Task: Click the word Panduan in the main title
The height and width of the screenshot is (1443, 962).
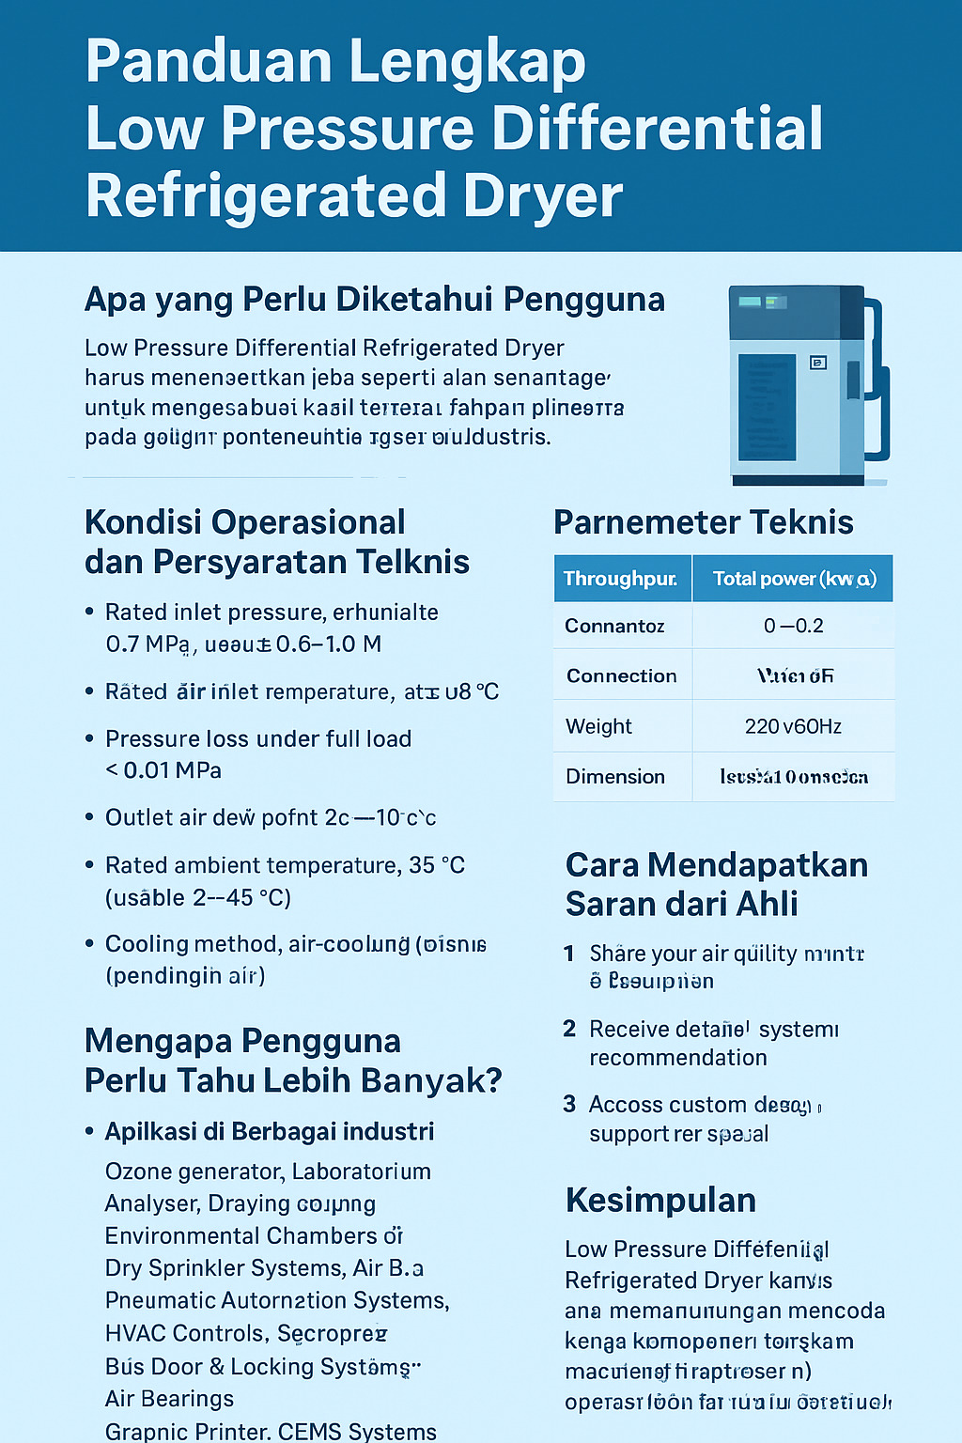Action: (x=208, y=62)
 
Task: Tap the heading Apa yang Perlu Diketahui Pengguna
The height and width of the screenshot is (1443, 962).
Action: (x=374, y=300)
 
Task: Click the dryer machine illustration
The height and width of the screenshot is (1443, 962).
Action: (x=806, y=385)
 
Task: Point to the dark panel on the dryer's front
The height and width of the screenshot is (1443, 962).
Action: (x=767, y=407)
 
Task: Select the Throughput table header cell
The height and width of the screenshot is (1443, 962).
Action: (x=621, y=579)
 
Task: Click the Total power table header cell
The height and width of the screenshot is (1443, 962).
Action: (x=794, y=579)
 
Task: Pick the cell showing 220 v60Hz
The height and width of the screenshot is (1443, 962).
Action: (x=793, y=726)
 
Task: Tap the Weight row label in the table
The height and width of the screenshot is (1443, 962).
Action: (x=598, y=726)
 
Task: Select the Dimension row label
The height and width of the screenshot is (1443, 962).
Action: (x=614, y=777)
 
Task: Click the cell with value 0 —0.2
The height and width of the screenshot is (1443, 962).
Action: (x=793, y=626)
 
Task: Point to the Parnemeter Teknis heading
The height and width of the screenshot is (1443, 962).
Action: (x=703, y=522)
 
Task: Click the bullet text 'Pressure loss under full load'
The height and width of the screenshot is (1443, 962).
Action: (x=258, y=738)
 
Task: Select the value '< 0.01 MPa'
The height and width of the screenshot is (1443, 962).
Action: (x=163, y=770)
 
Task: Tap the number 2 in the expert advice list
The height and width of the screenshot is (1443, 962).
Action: (x=569, y=1029)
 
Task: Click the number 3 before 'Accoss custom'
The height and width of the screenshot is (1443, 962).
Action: (x=569, y=1104)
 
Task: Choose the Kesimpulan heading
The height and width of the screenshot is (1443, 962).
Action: (x=660, y=1201)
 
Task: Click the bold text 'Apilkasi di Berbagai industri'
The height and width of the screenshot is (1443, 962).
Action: (x=270, y=1131)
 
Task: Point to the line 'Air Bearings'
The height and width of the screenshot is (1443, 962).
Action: (x=169, y=1399)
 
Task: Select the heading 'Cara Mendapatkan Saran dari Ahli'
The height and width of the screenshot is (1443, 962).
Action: (x=716, y=884)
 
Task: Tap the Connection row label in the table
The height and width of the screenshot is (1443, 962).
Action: (x=621, y=676)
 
